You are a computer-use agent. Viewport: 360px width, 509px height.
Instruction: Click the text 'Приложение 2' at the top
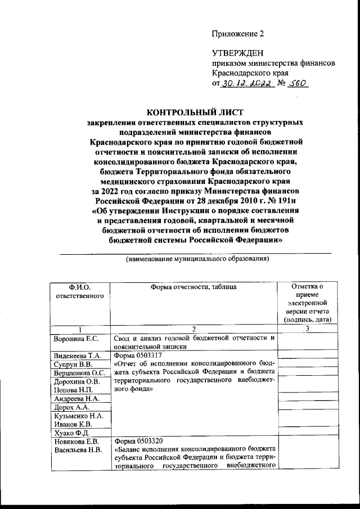pyautogui.click(x=237, y=33)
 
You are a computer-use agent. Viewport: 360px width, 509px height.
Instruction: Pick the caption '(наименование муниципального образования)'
pyautogui.click(x=197, y=259)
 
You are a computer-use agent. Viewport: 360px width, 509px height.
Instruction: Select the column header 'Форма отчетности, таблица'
pyautogui.click(x=193, y=287)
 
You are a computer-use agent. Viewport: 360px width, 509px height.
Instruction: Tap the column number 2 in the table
pyautogui.click(x=193, y=329)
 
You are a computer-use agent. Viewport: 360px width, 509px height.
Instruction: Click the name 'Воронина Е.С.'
pyautogui.click(x=76, y=338)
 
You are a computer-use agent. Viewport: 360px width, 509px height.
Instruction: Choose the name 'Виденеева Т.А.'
pyautogui.click(x=77, y=356)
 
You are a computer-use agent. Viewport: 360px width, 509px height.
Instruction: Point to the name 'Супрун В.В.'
pyautogui.click(x=72, y=364)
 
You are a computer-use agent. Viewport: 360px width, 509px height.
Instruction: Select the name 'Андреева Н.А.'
pyautogui.click(x=76, y=398)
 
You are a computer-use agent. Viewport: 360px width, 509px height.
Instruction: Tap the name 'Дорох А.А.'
pyautogui.click(x=70, y=407)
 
